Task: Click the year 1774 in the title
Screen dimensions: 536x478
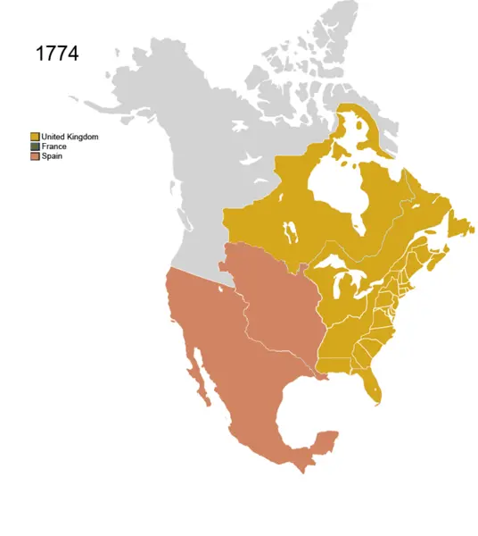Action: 57,54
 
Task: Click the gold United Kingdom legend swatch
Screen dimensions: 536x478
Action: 35,137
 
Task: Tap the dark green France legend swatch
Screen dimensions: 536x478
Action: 35,147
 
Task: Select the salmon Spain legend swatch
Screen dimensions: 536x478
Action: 35,156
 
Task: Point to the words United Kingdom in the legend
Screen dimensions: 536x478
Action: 70,137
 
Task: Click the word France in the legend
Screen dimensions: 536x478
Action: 54,147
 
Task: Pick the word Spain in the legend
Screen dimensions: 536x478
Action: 52,156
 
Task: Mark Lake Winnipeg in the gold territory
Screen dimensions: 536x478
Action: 288,234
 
